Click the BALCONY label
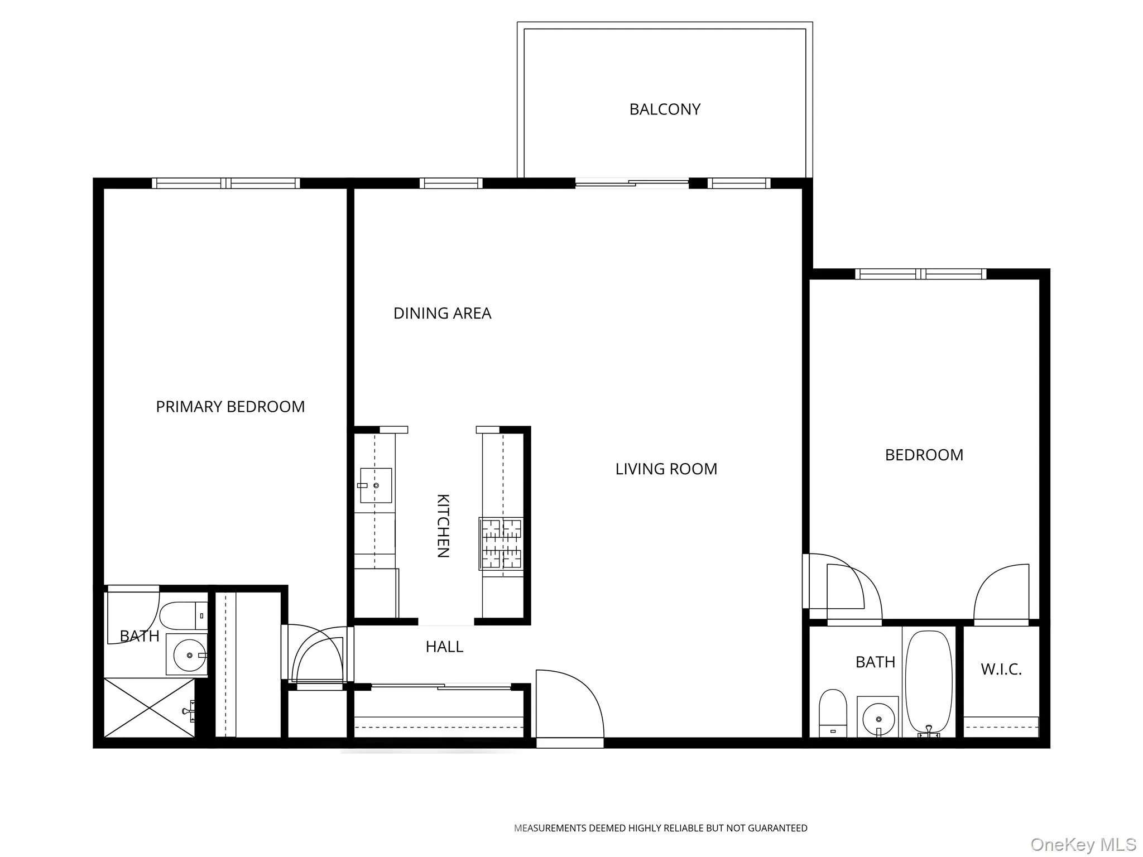(x=665, y=109)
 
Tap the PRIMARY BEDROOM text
(x=230, y=407)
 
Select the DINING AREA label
(x=442, y=314)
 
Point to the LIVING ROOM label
(x=666, y=469)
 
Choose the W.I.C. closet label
(x=1001, y=670)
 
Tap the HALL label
(x=444, y=647)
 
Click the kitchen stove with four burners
(x=501, y=543)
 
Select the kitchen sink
(x=375, y=485)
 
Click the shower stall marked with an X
(x=150, y=708)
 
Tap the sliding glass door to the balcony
(x=632, y=183)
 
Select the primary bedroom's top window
(x=225, y=183)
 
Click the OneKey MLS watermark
(x=1083, y=844)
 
